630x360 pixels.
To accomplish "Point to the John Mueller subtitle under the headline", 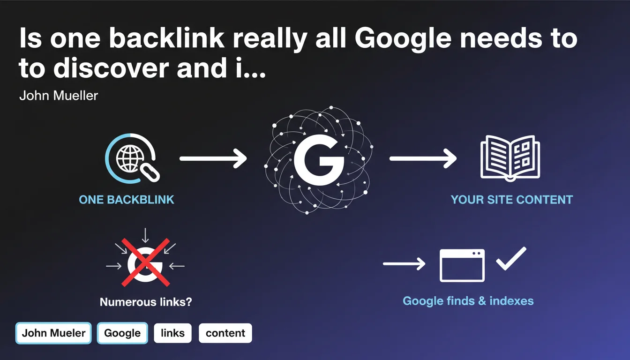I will tap(59, 96).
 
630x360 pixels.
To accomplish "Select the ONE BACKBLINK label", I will tap(127, 199).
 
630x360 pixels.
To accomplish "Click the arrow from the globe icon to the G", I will tap(213, 159).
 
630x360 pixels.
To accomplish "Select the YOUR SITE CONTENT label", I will tap(511, 199).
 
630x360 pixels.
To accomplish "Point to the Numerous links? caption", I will tap(146, 301).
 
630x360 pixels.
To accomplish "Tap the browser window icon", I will tap(462, 265).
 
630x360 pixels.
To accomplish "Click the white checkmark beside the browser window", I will tap(511, 258).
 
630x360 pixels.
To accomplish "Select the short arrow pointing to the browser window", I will tap(404, 264).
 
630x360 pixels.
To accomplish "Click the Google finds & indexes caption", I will tap(468, 300).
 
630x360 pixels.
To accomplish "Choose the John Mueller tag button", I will tap(54, 333).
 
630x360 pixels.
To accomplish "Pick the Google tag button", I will tap(122, 333).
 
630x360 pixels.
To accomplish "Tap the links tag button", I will tap(172, 333).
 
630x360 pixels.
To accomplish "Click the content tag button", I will tap(225, 333).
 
